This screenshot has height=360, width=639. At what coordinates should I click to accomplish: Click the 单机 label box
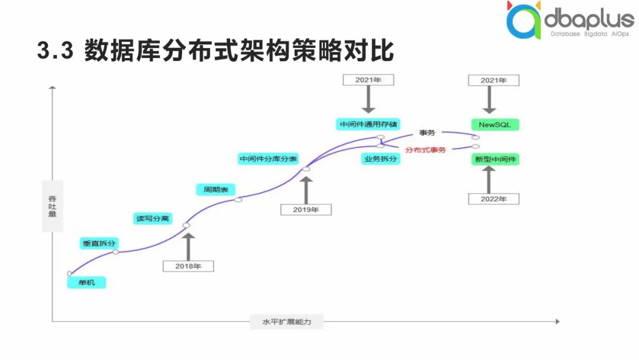click(x=86, y=283)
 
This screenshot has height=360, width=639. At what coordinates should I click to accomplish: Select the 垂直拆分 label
click(x=99, y=243)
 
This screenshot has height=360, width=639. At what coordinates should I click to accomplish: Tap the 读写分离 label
click(x=153, y=218)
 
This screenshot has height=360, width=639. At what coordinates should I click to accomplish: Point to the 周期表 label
click(x=215, y=189)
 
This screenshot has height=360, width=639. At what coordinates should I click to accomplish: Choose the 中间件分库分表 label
click(x=268, y=159)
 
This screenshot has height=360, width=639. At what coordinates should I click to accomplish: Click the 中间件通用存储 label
click(x=369, y=125)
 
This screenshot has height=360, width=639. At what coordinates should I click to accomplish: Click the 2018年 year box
click(x=188, y=266)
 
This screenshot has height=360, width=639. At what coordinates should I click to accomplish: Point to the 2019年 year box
click(x=306, y=209)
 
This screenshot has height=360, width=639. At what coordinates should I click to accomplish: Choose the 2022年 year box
click(x=493, y=199)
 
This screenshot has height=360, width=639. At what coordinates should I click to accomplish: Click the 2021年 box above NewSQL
click(x=493, y=80)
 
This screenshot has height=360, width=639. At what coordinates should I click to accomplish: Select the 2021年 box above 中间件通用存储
click(x=369, y=79)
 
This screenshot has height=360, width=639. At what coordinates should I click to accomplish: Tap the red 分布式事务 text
click(x=425, y=150)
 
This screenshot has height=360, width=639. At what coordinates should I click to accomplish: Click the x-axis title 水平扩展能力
click(x=286, y=322)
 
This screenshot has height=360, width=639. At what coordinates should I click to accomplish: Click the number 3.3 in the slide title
click(x=54, y=51)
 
